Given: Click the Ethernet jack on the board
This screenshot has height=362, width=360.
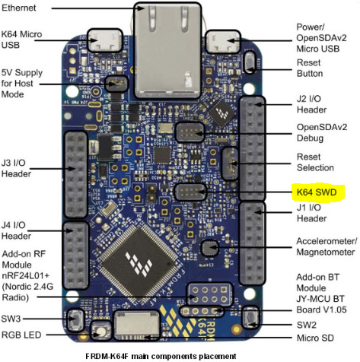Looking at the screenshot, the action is click(x=167, y=50).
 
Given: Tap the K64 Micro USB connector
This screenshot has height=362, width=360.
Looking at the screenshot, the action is click(x=105, y=40).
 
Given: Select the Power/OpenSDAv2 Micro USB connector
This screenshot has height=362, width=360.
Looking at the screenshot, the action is click(x=222, y=42).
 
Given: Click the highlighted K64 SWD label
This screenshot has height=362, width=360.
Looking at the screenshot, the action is click(x=318, y=192).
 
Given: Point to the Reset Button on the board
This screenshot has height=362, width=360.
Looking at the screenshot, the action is click(x=250, y=62).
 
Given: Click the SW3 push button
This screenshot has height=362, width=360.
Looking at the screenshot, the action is click(x=75, y=319).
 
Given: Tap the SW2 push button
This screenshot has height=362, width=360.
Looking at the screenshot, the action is click(x=251, y=317).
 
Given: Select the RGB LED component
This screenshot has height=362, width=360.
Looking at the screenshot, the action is click(x=101, y=331).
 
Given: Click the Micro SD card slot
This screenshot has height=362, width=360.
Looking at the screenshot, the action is click(x=136, y=325).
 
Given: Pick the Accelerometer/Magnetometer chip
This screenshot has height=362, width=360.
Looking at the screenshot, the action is click(x=209, y=248).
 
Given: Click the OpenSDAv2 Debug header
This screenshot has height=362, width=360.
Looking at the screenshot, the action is click(x=190, y=132).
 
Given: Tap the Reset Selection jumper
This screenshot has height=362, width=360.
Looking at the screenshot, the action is click(x=231, y=164).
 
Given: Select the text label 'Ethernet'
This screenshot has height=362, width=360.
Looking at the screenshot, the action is click(x=19, y=8).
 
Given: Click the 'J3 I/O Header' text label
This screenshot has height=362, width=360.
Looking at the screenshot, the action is click(x=16, y=168).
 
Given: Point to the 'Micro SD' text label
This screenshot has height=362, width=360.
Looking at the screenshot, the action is click(x=315, y=338).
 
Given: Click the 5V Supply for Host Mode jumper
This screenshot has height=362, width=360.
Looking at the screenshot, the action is click(x=116, y=84).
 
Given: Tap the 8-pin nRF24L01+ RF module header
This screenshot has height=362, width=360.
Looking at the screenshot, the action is click(x=209, y=294).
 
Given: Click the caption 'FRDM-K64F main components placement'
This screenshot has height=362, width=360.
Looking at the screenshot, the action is click(x=161, y=356).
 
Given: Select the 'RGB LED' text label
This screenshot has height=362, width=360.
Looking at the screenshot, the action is click(x=21, y=335).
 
